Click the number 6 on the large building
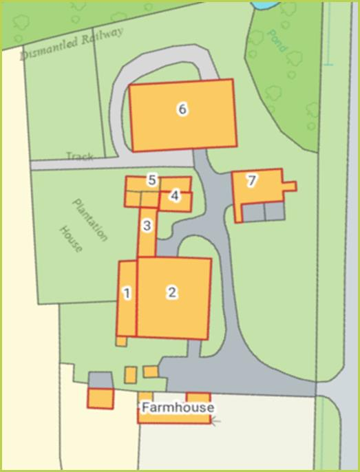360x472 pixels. click(x=182, y=109)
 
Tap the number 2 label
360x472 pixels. click(x=172, y=292)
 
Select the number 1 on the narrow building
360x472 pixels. click(x=127, y=294)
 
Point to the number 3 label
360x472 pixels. click(x=147, y=224)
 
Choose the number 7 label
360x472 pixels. click(x=252, y=180)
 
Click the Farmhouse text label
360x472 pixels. click(x=178, y=407)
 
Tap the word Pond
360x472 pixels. click(x=275, y=41)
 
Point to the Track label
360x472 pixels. click(x=80, y=157)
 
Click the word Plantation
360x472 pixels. click(x=91, y=219)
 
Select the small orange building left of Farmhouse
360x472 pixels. click(x=100, y=398)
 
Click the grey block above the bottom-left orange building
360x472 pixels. click(x=100, y=380)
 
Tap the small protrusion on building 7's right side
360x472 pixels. click(x=290, y=186)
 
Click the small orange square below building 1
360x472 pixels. click(x=121, y=341)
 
